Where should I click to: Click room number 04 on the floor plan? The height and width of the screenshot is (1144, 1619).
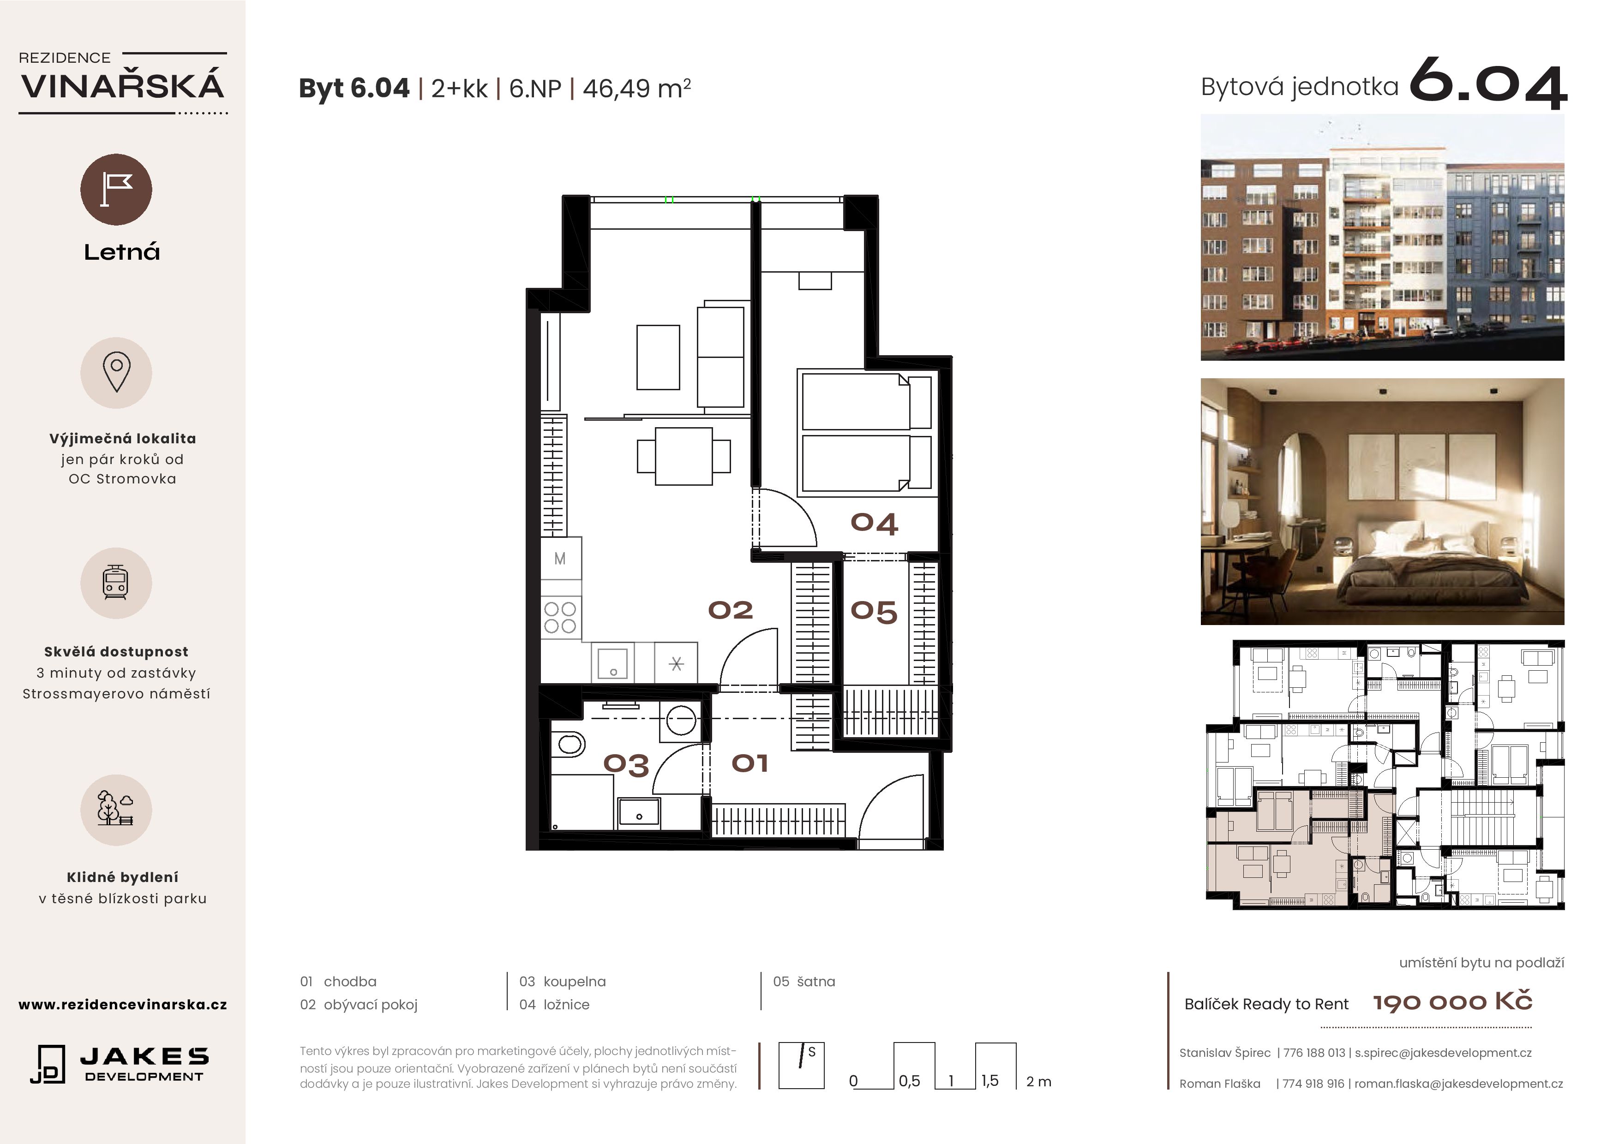pos(874,523)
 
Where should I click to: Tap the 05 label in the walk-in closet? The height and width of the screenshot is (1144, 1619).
pos(874,611)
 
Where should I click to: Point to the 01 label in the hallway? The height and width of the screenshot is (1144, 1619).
pos(750,763)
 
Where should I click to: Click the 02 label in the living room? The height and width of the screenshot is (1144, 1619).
pos(731,610)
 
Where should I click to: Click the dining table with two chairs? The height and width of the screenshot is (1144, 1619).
pos(684,456)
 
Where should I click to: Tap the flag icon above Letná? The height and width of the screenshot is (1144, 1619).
pos(116,190)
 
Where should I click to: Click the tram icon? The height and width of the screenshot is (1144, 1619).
pos(116,583)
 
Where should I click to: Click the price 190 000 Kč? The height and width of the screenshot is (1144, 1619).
pos(1452,1001)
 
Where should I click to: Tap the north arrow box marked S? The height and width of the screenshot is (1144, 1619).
pos(801,1065)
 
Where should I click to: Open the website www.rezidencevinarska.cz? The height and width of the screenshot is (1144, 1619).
pos(123,1004)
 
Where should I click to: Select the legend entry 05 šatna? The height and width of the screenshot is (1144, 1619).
pos(804,981)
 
